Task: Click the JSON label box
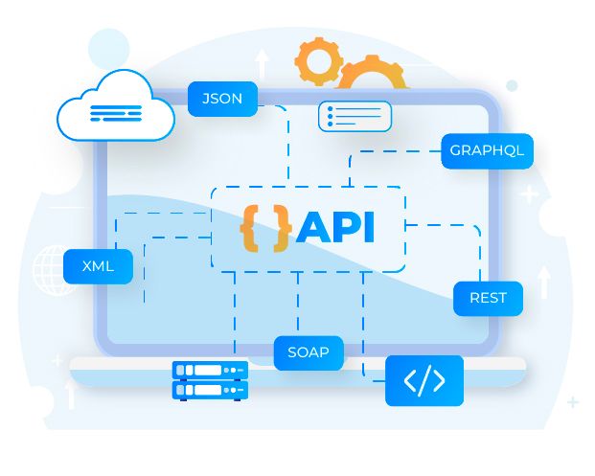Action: click(x=222, y=99)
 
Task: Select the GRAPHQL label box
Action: click(x=488, y=151)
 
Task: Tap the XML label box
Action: click(x=99, y=266)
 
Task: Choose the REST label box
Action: click(x=488, y=298)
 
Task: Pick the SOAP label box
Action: click(x=309, y=352)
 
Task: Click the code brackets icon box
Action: click(x=424, y=380)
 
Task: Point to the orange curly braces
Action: click(x=265, y=228)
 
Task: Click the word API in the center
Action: click(x=335, y=228)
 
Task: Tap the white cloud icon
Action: click(x=116, y=106)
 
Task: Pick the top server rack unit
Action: click(x=210, y=370)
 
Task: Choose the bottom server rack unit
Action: click(x=210, y=390)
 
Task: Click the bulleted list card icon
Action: click(x=355, y=116)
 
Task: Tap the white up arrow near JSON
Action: click(x=262, y=63)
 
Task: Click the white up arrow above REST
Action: click(x=544, y=282)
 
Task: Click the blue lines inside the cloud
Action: click(x=116, y=113)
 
